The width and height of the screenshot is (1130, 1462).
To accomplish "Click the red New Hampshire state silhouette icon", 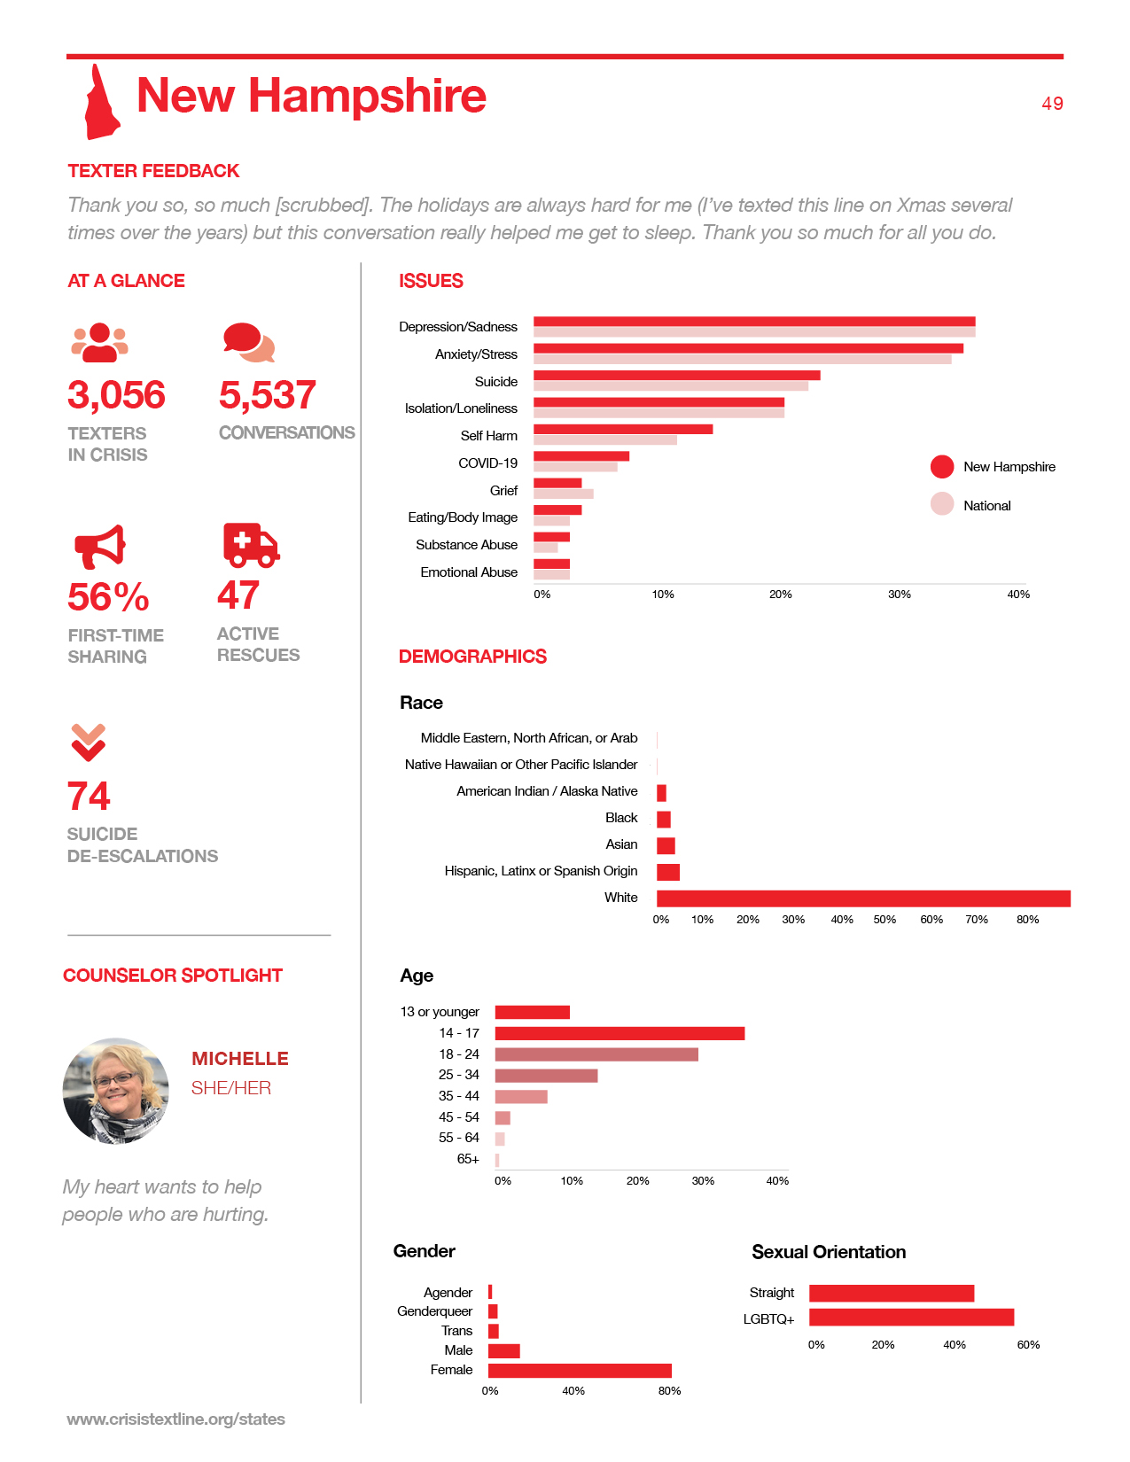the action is [x=101, y=105].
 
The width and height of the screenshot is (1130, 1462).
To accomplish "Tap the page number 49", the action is [x=1052, y=104].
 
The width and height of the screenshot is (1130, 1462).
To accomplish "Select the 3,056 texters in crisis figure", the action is [x=116, y=394].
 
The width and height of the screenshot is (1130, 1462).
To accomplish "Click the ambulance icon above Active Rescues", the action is [x=251, y=545].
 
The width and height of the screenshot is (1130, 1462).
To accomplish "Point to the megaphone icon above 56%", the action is [x=99, y=547].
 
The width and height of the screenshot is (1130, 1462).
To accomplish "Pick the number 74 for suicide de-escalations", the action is [x=88, y=796].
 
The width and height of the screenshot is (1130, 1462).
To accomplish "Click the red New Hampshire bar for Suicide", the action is [x=676, y=376].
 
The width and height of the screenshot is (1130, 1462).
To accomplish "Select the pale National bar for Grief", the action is [x=564, y=494].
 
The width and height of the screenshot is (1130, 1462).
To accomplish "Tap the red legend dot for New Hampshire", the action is [x=941, y=467].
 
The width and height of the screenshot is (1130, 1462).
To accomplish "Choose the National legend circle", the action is [x=941, y=504].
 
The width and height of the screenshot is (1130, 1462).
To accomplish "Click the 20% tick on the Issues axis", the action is [x=780, y=594].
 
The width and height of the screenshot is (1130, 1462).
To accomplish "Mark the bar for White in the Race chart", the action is [x=863, y=898].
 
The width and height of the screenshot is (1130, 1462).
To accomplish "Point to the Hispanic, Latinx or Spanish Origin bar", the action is [x=668, y=872].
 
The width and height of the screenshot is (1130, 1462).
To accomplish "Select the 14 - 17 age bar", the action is [x=620, y=1033].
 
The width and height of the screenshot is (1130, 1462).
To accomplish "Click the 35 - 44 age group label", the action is [x=458, y=1096].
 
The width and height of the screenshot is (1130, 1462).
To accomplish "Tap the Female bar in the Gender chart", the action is [x=580, y=1371].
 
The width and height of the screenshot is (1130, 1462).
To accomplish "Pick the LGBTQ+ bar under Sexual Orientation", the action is [x=911, y=1318].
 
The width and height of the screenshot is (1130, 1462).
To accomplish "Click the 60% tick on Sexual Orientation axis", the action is [x=1028, y=1345].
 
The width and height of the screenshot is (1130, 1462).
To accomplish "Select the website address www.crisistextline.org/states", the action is [x=175, y=1419].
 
